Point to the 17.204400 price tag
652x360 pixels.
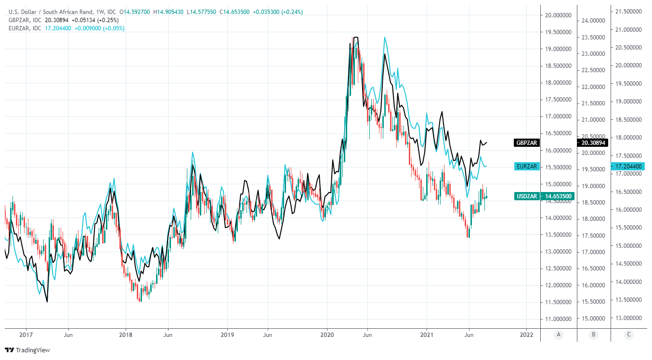click(628, 166)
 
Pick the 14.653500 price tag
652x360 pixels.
click(558, 196)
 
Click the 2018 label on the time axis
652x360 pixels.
click(126, 334)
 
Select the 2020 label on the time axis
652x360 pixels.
click(327, 334)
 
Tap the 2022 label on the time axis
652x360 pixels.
click(527, 334)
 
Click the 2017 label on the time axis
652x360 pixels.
click(26, 334)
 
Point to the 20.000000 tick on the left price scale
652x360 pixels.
click(558, 15)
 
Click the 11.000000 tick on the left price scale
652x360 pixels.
click(558, 319)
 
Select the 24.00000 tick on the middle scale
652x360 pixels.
click(593, 21)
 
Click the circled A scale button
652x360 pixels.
click(559, 334)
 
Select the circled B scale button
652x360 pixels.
click(593, 334)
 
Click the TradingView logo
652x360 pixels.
click(27, 350)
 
